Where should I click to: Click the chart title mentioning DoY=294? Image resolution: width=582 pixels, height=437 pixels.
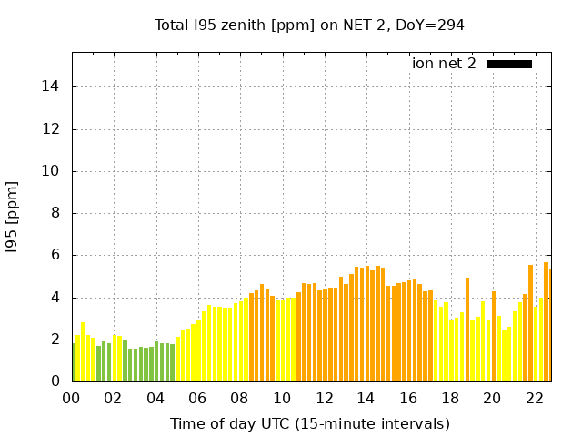309,25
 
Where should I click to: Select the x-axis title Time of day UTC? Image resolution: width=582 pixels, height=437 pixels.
309,423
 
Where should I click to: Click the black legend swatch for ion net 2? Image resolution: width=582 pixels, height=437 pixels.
509,64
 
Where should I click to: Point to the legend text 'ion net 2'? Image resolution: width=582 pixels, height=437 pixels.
444,64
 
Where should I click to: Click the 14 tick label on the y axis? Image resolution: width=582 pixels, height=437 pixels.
53,86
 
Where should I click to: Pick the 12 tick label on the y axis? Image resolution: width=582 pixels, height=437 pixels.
53,128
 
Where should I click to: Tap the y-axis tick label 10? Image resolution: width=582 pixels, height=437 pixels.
53,171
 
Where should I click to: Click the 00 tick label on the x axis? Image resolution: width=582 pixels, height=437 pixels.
72,398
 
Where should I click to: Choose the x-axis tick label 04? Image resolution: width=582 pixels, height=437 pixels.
156,398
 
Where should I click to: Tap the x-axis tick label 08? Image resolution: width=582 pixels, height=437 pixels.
240,398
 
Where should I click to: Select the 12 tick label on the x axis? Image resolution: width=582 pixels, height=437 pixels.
324,398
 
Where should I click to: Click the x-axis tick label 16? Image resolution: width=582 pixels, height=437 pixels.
408,398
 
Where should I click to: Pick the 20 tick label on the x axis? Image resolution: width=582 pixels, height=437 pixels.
492,398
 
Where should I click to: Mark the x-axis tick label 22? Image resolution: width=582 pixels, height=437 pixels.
534,398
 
